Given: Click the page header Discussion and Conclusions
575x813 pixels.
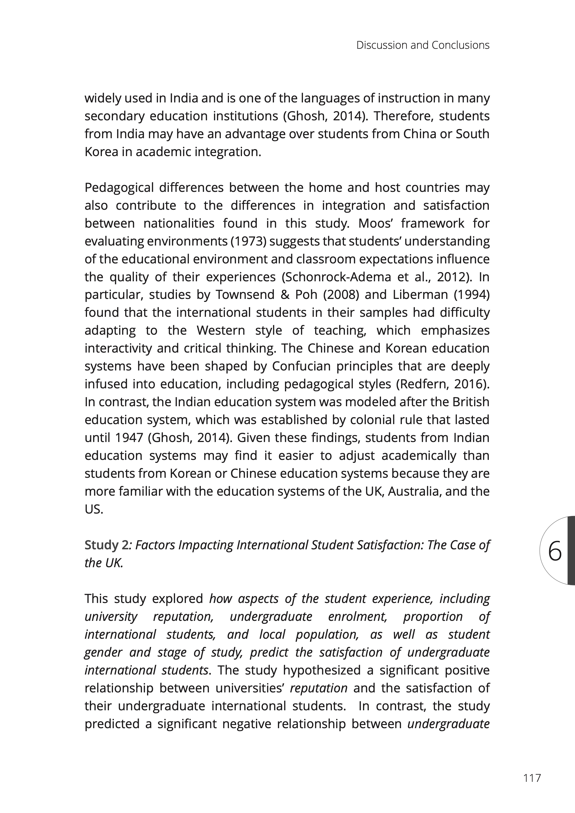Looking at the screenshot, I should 423,45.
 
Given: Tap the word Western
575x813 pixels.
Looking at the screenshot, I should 221,331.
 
